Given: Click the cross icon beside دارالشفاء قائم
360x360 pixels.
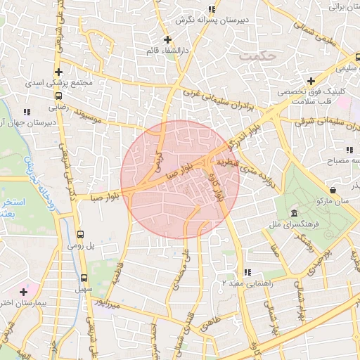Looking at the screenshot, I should click(x=167, y=39).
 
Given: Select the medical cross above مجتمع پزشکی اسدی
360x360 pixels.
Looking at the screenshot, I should click(x=58, y=72).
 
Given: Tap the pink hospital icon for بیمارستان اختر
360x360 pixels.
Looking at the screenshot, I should click(x=24, y=291).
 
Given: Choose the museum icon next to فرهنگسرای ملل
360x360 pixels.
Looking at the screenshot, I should click(x=293, y=214).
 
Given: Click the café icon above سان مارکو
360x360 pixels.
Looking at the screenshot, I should click(x=332, y=190).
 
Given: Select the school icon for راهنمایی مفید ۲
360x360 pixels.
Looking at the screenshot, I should click(x=247, y=272).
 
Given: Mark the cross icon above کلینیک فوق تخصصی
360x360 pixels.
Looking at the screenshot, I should click(x=310, y=81).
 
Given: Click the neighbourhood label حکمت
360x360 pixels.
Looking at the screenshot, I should click(x=255, y=54).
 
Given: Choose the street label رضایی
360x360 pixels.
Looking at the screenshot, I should click(x=57, y=109).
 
